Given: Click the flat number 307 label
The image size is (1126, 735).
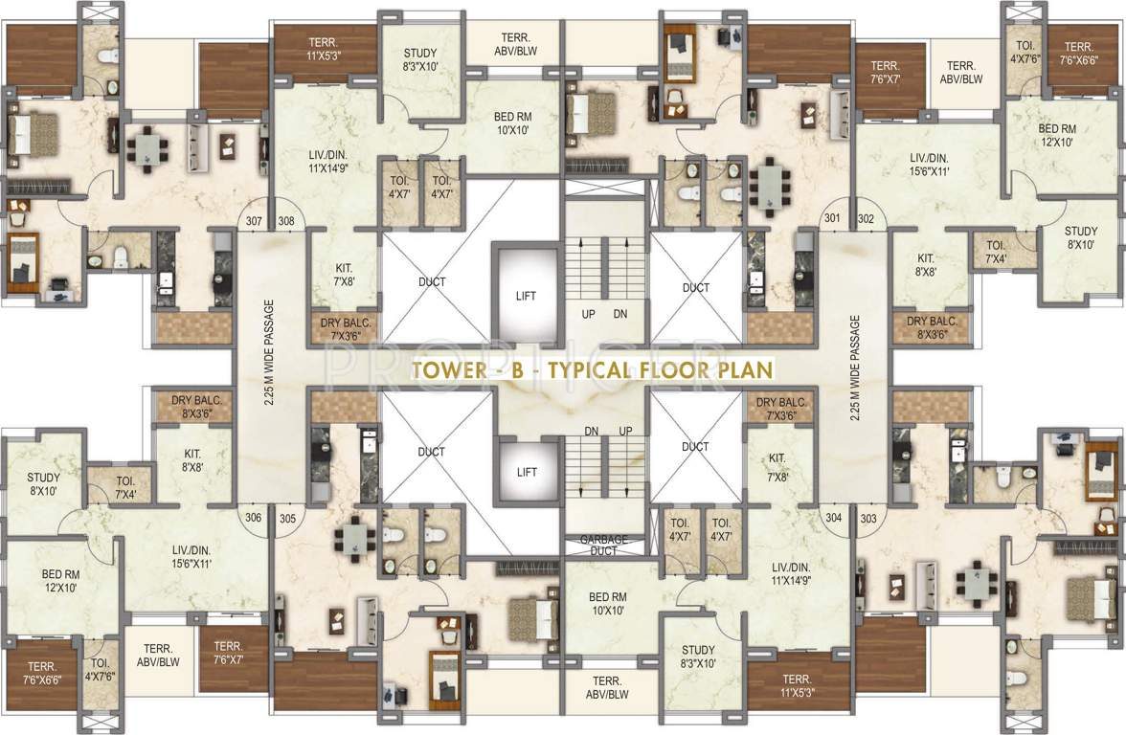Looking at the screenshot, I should (254, 221).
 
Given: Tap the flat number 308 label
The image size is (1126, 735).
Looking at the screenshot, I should (285, 221).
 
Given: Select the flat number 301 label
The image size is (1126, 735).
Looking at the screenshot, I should (832, 218).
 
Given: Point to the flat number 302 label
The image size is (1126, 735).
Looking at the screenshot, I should (866, 218).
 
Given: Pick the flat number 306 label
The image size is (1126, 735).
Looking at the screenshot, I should (253, 518).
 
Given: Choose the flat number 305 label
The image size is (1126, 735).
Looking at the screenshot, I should (286, 518).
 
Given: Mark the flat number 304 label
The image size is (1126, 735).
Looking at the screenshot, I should (833, 518).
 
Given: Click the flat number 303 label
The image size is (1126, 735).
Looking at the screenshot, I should (868, 518).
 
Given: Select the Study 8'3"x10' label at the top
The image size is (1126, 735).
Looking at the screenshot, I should (420, 59).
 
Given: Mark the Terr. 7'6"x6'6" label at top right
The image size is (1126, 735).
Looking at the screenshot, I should (1078, 54).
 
